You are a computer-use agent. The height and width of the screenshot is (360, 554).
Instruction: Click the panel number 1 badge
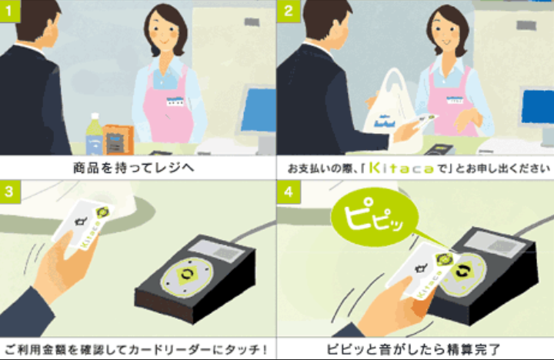(x=9, y=11)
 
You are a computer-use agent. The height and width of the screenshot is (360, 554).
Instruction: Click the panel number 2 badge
(x=289, y=11)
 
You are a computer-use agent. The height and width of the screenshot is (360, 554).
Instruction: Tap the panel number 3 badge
(x=9, y=192)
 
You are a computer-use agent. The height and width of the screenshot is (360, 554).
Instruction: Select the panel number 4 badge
(x=289, y=192)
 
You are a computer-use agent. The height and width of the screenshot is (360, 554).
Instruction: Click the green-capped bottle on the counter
(x=94, y=135)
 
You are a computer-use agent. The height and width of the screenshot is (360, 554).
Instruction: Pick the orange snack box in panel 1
(x=118, y=140)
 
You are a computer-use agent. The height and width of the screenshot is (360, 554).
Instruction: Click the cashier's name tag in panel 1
(x=175, y=101)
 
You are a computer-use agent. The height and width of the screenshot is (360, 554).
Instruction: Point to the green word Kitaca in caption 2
(x=401, y=168)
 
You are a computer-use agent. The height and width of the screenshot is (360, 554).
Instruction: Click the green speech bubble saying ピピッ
(x=375, y=217)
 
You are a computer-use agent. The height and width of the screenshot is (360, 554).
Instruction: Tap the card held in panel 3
(x=84, y=225)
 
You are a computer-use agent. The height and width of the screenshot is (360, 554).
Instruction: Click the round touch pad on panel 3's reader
(x=187, y=276)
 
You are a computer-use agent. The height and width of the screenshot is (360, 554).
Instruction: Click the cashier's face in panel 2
(x=446, y=33)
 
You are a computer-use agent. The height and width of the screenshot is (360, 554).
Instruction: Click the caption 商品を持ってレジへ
(x=134, y=168)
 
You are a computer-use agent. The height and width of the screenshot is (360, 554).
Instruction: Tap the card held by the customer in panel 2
(x=424, y=121)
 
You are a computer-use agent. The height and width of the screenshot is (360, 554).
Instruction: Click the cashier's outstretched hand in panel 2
(x=466, y=120)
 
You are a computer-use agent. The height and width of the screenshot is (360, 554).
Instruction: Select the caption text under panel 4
(x=413, y=349)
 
